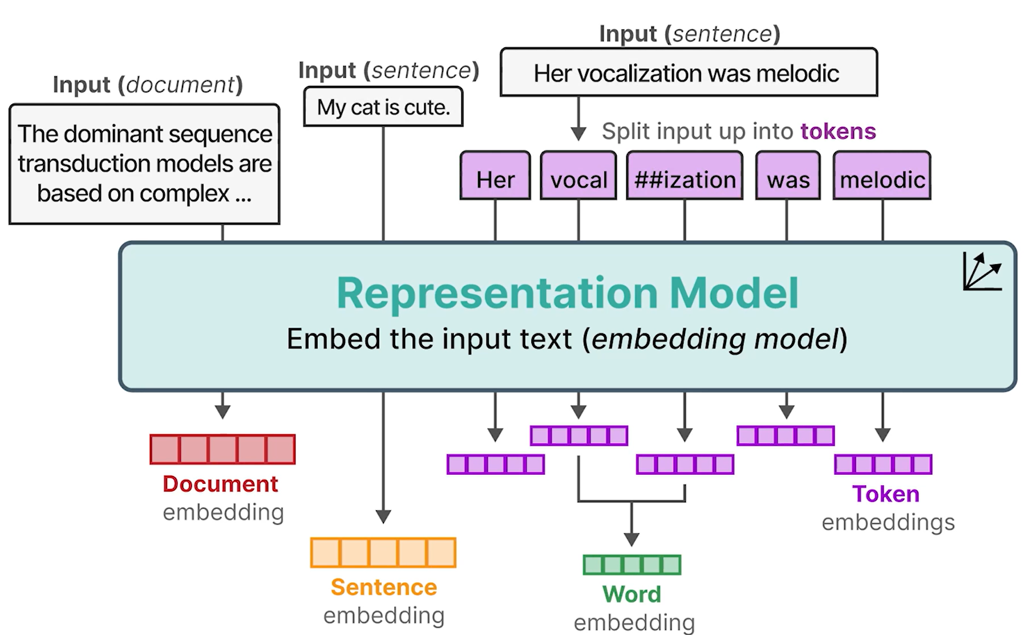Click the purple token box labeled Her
[495, 176]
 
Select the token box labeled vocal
[578, 176]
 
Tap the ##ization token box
[685, 176]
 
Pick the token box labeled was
[788, 176]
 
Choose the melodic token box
[882, 176]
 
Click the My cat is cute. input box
[383, 107]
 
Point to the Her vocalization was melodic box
[689, 72]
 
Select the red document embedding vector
[222, 449]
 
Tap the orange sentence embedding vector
[383, 552]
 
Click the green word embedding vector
[632, 565]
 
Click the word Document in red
[220, 484]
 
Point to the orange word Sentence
[383, 587]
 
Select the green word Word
[632, 595]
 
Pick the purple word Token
[885, 494]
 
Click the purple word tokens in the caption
[838, 131]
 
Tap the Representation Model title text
[567, 293]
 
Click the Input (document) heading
[148, 85]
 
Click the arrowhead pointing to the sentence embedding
[383, 516]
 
